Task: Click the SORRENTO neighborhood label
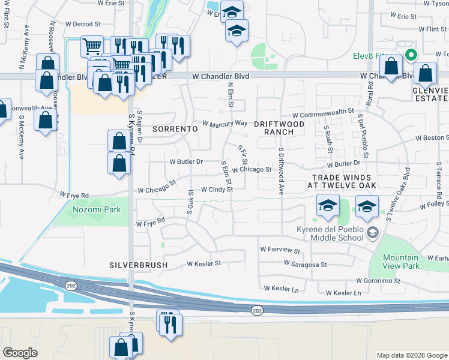click(175, 129)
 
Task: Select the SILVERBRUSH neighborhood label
click(138, 265)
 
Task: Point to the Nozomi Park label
click(97, 209)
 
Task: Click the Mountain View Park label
click(402, 261)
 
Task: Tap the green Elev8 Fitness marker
click(411, 55)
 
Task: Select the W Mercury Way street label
click(225, 124)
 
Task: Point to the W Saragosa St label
click(306, 264)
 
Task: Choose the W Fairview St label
click(279, 248)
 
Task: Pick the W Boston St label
click(430, 137)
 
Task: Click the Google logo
click(20, 353)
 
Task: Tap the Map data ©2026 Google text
click(411, 355)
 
